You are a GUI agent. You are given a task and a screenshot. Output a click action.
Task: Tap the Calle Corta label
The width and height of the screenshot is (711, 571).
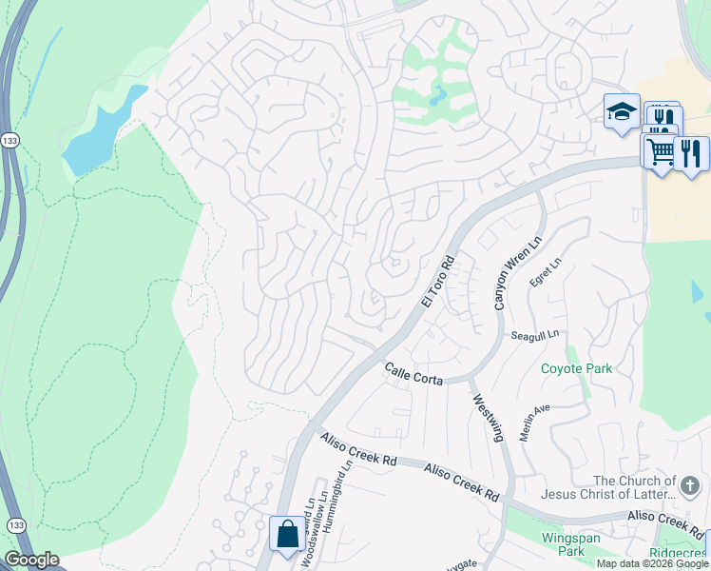(x=413, y=372)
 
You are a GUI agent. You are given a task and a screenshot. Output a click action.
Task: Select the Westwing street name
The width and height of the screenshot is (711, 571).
(x=486, y=418)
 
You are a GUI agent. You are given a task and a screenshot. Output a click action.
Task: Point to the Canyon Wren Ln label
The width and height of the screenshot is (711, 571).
(x=505, y=272)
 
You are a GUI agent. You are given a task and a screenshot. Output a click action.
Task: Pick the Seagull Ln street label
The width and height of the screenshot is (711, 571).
(x=535, y=335)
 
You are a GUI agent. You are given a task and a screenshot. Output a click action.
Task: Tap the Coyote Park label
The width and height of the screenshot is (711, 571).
(x=576, y=368)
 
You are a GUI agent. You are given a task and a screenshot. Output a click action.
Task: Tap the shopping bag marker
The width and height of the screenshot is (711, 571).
(x=287, y=535)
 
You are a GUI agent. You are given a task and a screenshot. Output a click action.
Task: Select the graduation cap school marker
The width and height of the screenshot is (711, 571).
(x=622, y=111)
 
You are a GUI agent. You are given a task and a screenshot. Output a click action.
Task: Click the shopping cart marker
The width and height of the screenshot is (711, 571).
(x=660, y=149)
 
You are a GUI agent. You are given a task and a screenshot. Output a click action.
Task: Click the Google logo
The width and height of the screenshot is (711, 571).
(x=31, y=560)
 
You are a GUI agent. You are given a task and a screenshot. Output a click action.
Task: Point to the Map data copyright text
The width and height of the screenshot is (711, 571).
(x=652, y=563)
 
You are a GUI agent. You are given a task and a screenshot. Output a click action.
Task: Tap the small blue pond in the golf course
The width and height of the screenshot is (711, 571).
(x=437, y=96)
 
